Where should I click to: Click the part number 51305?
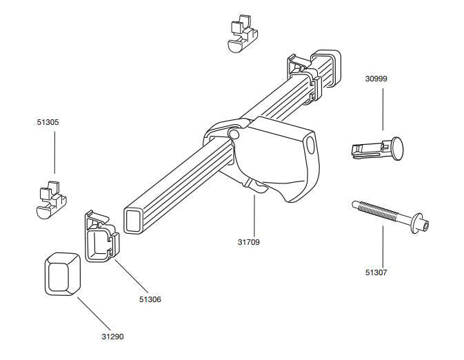tap(48, 122)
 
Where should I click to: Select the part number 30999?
tap(376, 79)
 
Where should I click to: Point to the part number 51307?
tap(376, 272)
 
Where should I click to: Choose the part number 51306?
tap(150, 299)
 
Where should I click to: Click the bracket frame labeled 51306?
tap(101, 237)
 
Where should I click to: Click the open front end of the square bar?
tap(133, 219)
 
